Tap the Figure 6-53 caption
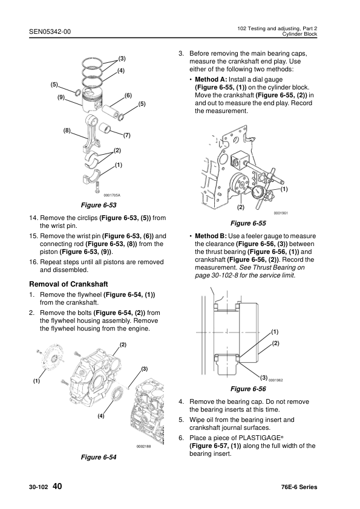pos(99,206)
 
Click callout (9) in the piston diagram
pos(61,97)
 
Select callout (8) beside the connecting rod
pos(66,131)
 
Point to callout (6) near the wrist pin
pos(128,96)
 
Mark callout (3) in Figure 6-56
pos(264,377)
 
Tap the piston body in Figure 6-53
pos(95,100)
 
